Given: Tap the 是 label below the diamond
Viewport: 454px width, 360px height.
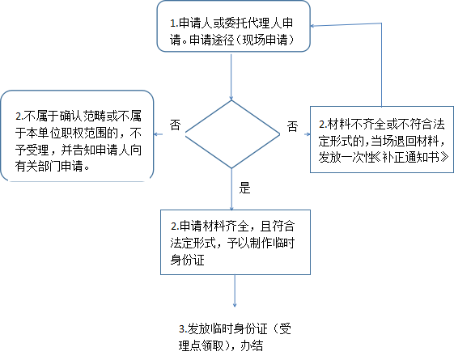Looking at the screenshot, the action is pyautogui.click(x=244, y=188).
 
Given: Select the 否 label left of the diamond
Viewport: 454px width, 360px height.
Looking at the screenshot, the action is pyautogui.click(x=175, y=125).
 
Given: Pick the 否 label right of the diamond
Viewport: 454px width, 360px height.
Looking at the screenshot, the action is pyautogui.click(x=292, y=126).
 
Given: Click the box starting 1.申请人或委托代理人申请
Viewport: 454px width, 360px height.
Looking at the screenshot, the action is pyautogui.click(x=234, y=27).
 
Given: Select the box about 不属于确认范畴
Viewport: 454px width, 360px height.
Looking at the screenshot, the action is pyautogui.click(x=77, y=136).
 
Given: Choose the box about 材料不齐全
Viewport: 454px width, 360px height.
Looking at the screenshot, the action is pyautogui.click(x=382, y=139).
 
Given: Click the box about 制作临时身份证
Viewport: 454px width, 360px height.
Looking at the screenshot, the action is pyautogui.click(x=235, y=242).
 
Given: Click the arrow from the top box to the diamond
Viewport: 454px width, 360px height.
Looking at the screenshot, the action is pyautogui.click(x=231, y=77).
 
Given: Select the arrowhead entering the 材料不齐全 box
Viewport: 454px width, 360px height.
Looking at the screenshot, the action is pyautogui.click(x=308, y=134).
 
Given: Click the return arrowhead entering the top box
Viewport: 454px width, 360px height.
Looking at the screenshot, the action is pyautogui.click(x=312, y=26).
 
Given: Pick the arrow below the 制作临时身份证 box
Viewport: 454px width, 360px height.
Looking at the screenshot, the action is pyautogui.click(x=235, y=290).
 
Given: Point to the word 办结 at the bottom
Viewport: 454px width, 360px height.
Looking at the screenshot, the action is pyautogui.click(x=252, y=345).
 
